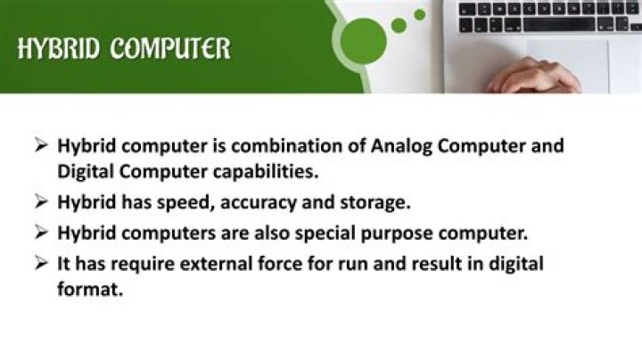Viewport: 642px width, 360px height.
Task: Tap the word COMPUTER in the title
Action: (170, 48)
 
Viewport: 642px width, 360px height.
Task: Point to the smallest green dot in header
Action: (421, 13)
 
